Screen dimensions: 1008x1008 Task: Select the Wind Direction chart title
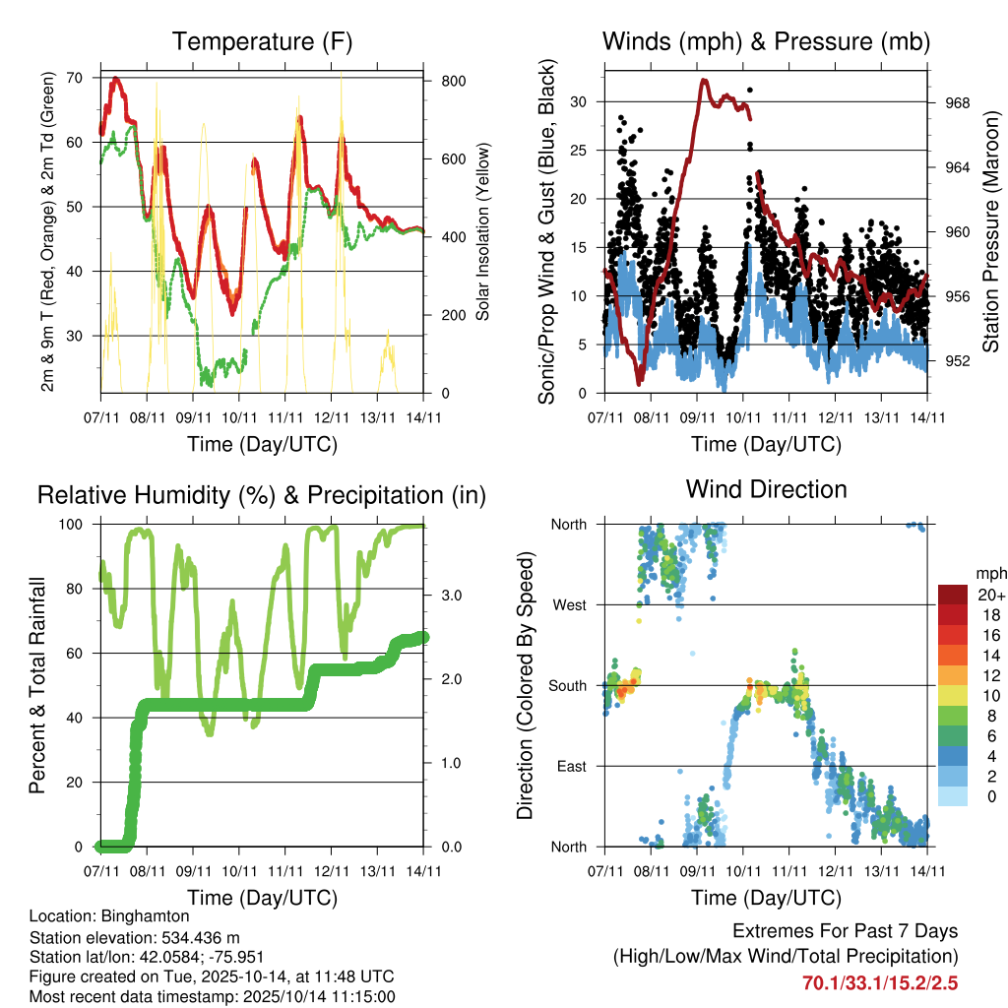click(766, 488)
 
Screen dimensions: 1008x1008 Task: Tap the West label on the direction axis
click(569, 604)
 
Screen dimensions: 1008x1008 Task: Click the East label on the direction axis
click(571, 766)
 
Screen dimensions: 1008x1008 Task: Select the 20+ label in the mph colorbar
click(989, 595)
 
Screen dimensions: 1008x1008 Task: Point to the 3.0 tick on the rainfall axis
click(445, 595)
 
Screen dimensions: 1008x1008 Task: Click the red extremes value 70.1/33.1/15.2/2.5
click(879, 982)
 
